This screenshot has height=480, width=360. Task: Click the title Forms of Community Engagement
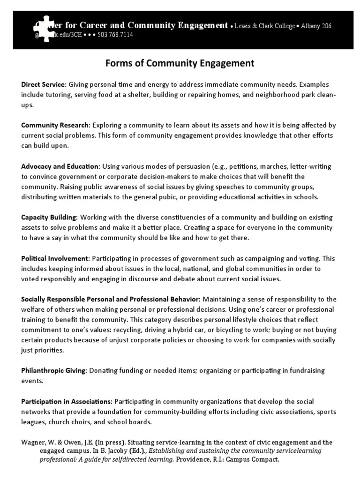[x=180, y=63]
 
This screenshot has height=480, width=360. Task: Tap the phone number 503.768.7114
[x=115, y=35]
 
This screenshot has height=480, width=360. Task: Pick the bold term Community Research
[x=55, y=125]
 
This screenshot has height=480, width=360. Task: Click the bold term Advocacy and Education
[x=60, y=166]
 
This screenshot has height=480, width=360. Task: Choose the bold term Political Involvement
[x=55, y=258]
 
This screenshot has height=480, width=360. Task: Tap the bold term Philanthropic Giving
[x=54, y=370]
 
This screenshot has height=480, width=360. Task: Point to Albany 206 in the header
[x=318, y=26]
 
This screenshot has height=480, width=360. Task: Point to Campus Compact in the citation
[x=253, y=459]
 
